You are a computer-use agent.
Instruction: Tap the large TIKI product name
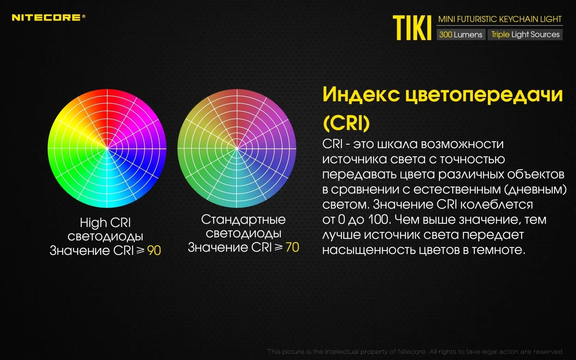[412, 28]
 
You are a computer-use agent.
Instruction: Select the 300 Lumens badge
[461, 34]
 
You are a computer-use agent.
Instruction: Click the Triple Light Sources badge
[525, 34]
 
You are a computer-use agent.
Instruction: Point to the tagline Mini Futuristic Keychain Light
[500, 19]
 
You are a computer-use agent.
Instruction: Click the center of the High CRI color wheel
[107, 148]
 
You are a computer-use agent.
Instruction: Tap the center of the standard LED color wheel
[237, 148]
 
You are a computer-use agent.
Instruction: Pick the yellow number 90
[154, 250]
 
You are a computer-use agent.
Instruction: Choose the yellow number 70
[292, 248]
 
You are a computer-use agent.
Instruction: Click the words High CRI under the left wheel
[105, 223]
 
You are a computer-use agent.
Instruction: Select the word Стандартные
[243, 220]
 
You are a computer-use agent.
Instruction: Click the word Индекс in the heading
[361, 94]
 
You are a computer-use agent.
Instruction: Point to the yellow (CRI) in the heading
[346, 123]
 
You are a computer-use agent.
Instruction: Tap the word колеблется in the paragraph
[496, 205]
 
